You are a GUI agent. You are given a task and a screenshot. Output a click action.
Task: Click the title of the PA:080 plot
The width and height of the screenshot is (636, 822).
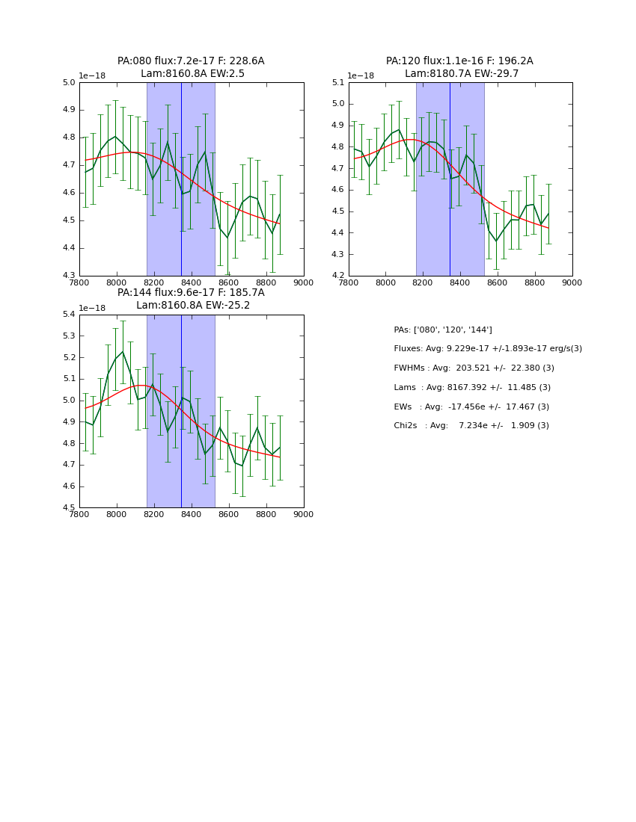click(191, 67)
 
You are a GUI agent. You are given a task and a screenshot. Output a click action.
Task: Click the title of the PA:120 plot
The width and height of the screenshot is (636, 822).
click(459, 67)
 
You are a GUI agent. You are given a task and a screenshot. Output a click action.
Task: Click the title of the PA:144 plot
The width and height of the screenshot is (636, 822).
click(191, 299)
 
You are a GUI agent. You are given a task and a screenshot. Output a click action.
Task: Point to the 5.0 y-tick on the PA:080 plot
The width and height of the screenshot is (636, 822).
click(69, 83)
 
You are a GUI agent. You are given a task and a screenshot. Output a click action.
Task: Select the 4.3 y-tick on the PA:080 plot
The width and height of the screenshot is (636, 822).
click(69, 276)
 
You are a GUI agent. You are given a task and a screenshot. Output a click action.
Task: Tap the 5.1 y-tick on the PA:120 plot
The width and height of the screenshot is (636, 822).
click(337, 83)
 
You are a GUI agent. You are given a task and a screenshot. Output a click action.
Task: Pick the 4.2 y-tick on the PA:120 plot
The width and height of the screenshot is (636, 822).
click(337, 276)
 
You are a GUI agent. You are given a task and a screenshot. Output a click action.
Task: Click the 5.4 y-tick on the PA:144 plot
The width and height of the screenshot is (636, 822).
click(69, 315)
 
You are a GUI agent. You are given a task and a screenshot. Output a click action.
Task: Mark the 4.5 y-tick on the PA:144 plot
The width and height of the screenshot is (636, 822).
click(69, 507)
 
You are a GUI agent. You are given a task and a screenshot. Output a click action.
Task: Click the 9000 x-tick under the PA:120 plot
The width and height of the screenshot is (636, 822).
click(572, 283)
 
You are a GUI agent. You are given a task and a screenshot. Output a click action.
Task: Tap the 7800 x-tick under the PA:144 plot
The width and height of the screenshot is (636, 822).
click(79, 515)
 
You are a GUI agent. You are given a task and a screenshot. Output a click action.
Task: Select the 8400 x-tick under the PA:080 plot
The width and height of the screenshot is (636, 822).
click(192, 283)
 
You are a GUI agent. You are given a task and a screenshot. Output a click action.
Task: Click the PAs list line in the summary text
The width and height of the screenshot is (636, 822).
click(443, 330)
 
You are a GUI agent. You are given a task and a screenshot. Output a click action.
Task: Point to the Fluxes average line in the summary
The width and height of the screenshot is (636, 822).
click(488, 349)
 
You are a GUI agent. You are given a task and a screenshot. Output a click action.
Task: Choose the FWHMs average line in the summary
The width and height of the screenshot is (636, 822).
click(474, 368)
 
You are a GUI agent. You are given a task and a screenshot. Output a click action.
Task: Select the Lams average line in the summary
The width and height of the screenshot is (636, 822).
click(472, 387)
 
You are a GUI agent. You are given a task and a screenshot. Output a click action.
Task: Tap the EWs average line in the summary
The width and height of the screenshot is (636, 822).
click(471, 407)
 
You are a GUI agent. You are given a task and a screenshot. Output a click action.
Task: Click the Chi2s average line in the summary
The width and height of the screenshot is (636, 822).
click(471, 426)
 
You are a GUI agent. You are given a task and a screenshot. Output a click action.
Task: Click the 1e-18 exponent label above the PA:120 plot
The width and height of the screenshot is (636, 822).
click(361, 76)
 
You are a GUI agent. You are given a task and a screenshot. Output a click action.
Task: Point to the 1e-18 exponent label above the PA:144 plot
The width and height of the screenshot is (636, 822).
click(92, 308)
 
